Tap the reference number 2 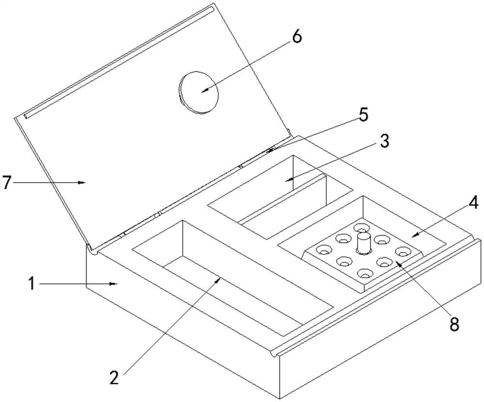(x=114, y=377)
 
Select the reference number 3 (x=384, y=141)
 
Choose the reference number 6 (x=296, y=37)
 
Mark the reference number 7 (x=7, y=182)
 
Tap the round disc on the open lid (x=199, y=92)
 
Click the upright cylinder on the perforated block (x=363, y=244)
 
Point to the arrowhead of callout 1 (x=114, y=283)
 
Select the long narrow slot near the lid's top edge (x=119, y=62)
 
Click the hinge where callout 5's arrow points (x=272, y=150)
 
